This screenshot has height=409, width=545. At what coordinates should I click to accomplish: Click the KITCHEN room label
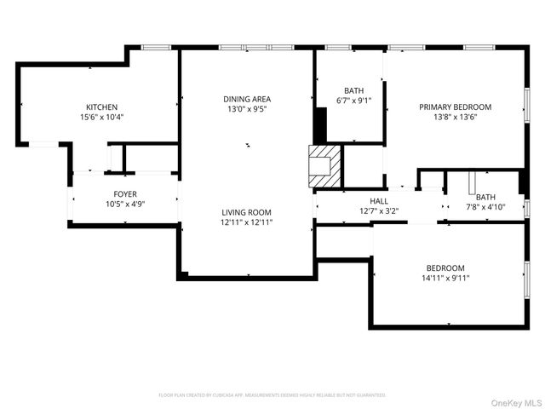(101, 107)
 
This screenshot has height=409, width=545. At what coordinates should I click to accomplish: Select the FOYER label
(125, 194)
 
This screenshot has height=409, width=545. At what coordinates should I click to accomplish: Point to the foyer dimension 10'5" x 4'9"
(125, 204)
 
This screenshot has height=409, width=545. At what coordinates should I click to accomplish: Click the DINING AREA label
(247, 99)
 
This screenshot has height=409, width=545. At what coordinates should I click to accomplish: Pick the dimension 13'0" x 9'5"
(247, 109)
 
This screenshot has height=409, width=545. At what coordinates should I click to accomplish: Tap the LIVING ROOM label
(247, 212)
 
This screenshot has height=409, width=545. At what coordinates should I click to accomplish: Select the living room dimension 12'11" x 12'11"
(247, 222)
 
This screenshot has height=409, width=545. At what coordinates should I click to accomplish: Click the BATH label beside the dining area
(354, 90)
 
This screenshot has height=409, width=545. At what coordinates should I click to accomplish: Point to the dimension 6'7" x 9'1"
(354, 101)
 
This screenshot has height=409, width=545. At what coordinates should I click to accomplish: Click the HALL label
(379, 201)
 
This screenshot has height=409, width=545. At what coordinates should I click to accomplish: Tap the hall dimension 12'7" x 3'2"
(379, 211)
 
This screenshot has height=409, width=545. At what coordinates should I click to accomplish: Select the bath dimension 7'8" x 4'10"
(485, 207)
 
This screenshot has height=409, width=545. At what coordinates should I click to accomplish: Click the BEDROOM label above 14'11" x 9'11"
(445, 268)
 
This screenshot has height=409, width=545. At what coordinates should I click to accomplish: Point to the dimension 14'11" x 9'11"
(445, 278)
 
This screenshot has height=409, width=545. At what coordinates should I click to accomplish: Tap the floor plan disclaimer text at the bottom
(272, 395)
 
